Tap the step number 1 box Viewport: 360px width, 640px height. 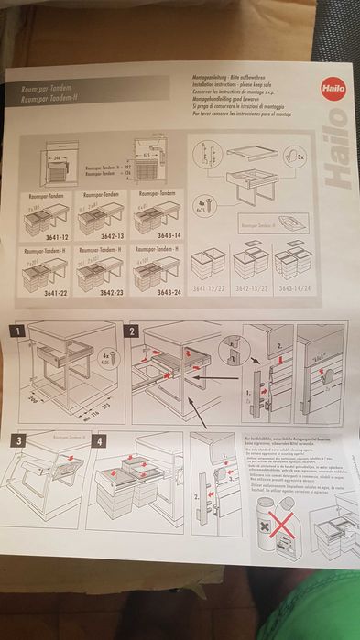pos(16,331)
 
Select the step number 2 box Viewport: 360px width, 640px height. pos(133,331)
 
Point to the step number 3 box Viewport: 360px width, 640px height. pos(16,440)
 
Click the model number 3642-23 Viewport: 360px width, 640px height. pos(97,294)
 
